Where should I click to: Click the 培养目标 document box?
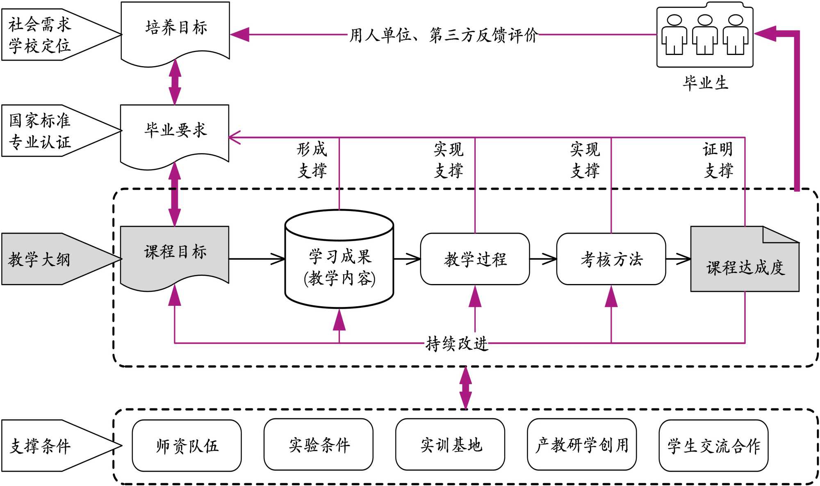point(175,31)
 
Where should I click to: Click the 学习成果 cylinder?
point(339,267)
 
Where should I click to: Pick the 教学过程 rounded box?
point(475,259)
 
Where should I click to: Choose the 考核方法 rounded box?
point(611,259)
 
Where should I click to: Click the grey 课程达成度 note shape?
point(745,265)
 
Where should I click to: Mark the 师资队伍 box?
point(187,445)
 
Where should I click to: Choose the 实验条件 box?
point(319,445)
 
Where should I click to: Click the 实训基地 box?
point(450,445)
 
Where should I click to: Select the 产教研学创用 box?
point(582,445)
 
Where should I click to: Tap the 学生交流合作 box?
point(713,445)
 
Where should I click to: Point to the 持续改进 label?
point(457,344)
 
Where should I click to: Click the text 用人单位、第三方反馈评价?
point(443,35)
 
